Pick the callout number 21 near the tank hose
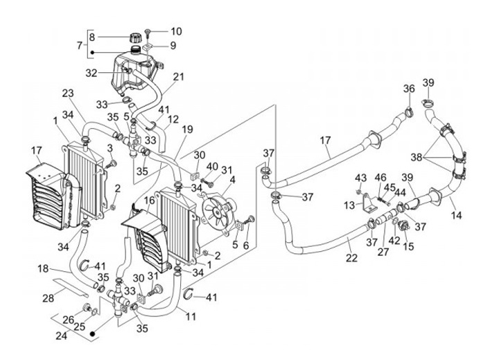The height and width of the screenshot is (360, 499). pyautogui.click(x=178, y=76)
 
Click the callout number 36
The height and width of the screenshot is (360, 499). pyautogui.click(x=409, y=88)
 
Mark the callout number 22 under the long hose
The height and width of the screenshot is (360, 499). pyautogui.click(x=351, y=258)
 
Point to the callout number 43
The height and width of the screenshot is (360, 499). pyautogui.click(x=361, y=178)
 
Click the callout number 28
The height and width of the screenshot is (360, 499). pyautogui.click(x=48, y=298)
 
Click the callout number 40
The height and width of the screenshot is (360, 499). pyautogui.click(x=211, y=166)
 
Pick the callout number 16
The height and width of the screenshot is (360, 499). pyautogui.click(x=149, y=200)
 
